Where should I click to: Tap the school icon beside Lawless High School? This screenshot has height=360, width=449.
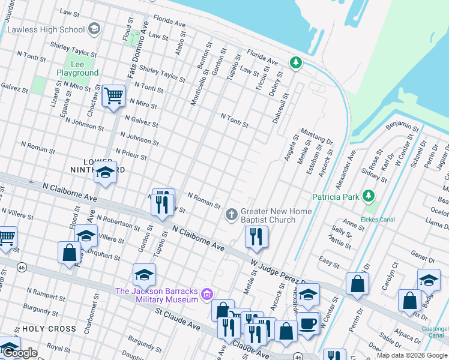[94, 29]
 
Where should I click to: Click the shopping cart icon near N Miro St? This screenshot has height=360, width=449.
[113, 96]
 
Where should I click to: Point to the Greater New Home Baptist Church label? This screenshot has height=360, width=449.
[276, 215]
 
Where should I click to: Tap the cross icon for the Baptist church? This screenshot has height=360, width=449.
[231, 214]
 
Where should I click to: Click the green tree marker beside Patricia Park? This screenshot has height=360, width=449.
[369, 196]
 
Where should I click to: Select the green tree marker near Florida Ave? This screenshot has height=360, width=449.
[295, 62]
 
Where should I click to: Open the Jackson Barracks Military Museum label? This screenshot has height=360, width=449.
[157, 295]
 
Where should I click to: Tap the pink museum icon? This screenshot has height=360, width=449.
[208, 294]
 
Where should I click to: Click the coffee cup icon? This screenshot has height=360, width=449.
[309, 323]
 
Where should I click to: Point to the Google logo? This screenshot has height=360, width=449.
[20, 353]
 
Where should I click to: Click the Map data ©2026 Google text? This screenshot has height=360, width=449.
[412, 355]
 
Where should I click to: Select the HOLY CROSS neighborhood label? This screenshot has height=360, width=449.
[49, 329]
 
